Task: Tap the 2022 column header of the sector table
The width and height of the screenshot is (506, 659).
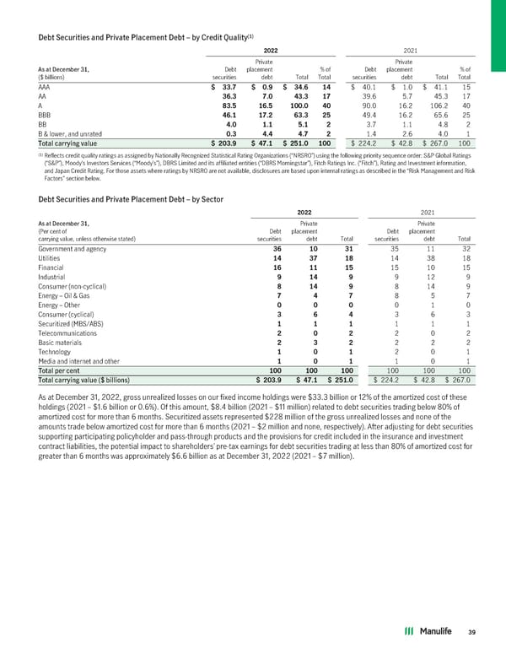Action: (308, 213)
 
